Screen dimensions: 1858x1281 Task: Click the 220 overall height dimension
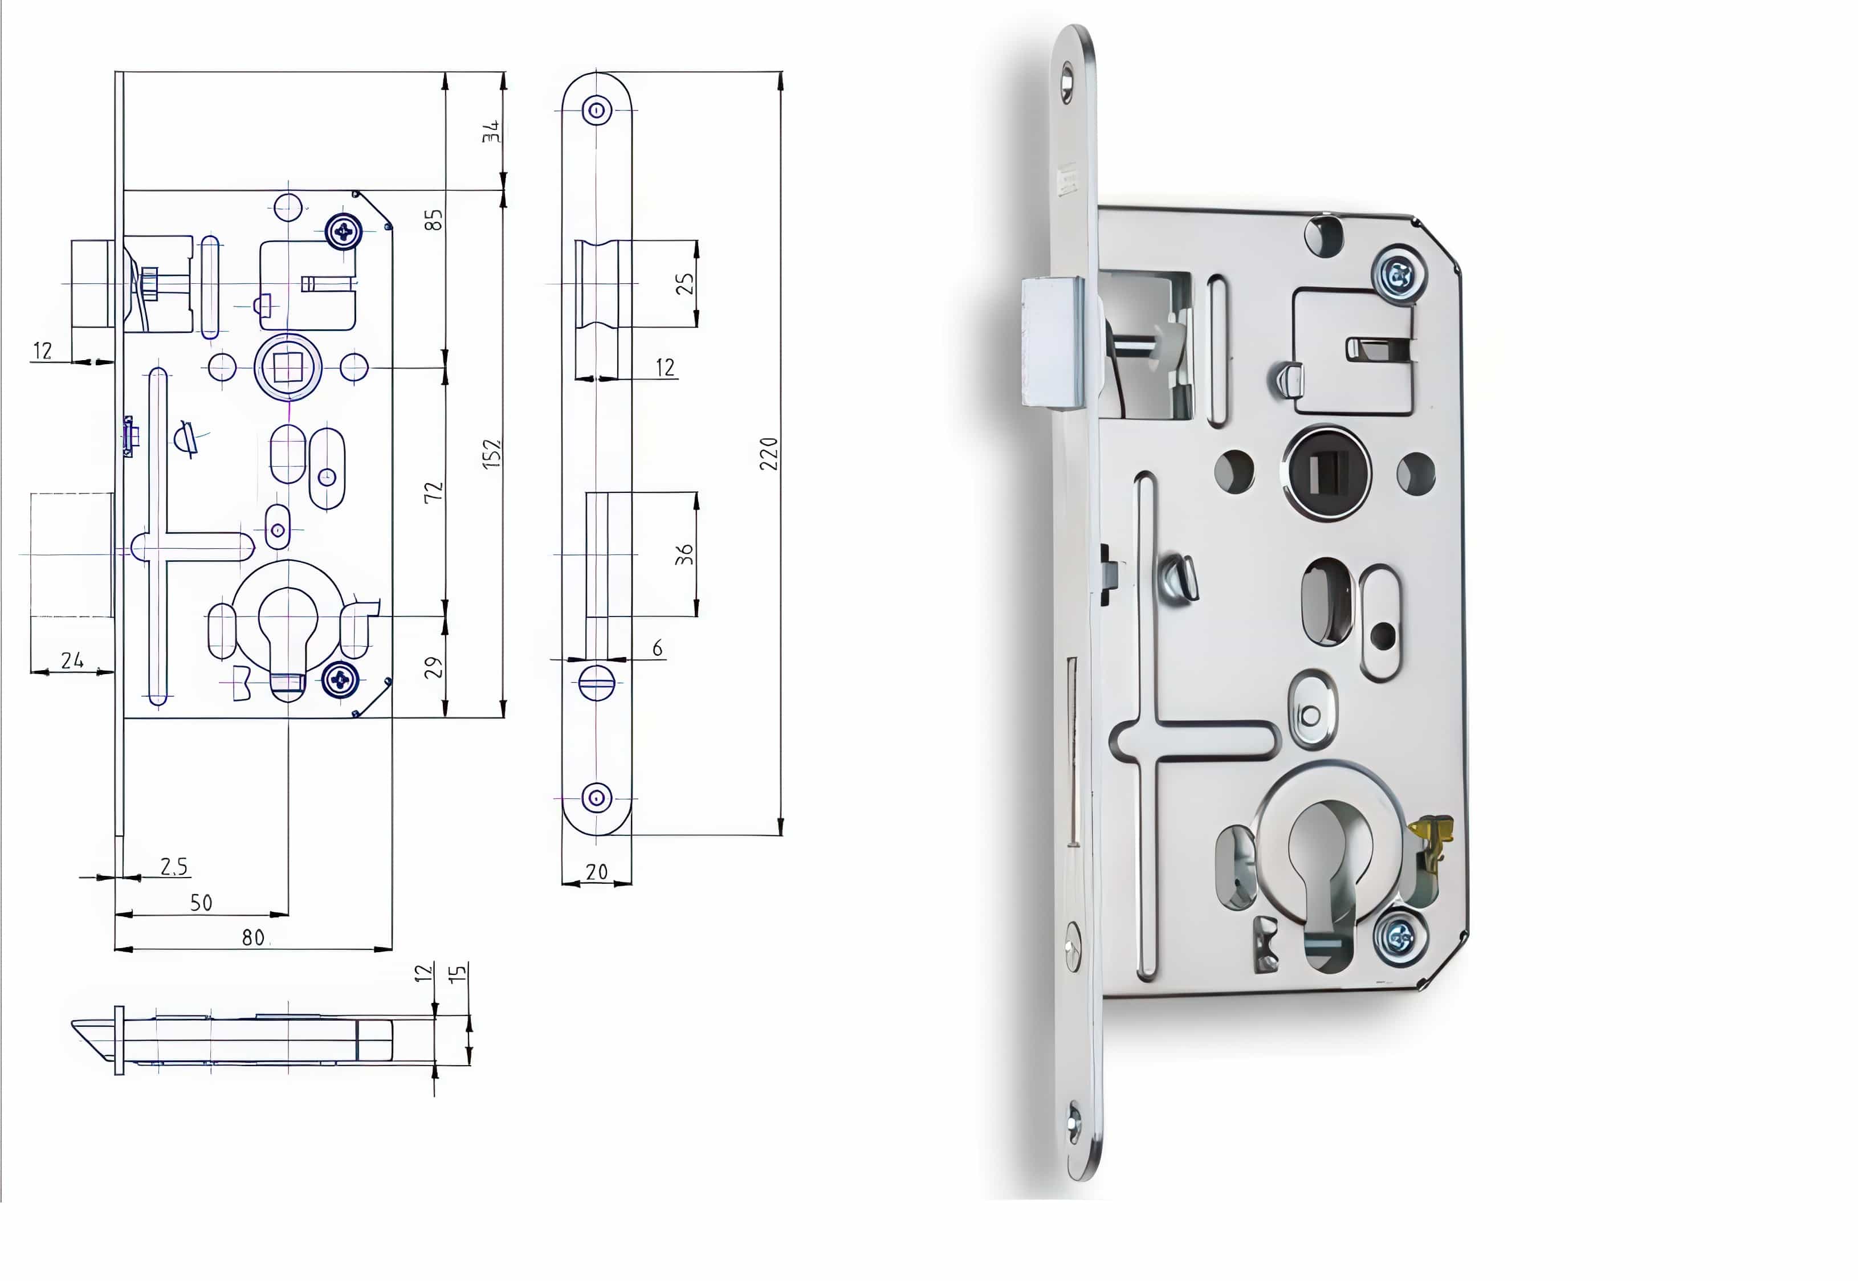coord(769,454)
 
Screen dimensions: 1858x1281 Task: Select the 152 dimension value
coord(491,454)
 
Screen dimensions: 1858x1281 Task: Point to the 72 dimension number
coord(433,492)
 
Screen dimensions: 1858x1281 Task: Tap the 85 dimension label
coord(433,219)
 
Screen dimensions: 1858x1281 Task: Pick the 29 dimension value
coord(433,667)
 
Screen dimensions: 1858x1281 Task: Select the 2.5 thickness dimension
coord(174,867)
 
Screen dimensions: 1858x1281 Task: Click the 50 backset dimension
coord(201,903)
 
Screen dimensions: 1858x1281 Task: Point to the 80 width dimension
coord(254,937)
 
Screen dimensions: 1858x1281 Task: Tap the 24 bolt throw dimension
coord(72,660)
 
